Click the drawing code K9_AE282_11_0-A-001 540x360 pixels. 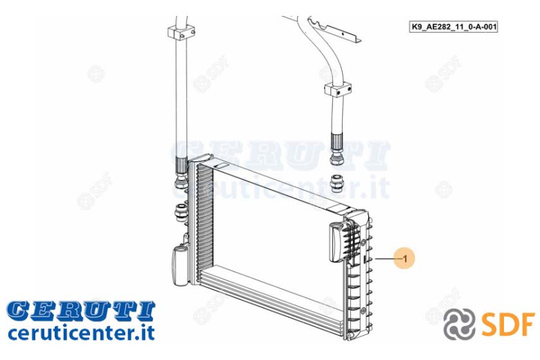[x=453, y=26]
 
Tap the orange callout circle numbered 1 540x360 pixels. [x=405, y=258]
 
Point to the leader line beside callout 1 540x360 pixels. [x=385, y=258]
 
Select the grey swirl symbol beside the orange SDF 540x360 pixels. [x=459, y=324]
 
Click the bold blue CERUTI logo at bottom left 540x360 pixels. [x=81, y=310]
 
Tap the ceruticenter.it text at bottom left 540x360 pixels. [x=81, y=333]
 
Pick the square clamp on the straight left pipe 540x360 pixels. [x=182, y=33]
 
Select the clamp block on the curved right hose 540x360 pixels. [x=338, y=89]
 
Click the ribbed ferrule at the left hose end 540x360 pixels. [x=181, y=165]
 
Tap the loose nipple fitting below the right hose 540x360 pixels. [x=336, y=183]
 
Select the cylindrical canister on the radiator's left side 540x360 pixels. [x=180, y=264]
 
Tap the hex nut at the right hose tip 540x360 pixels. [x=336, y=158]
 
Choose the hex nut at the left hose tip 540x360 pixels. [x=181, y=182]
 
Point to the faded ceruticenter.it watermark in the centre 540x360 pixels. [x=280, y=186]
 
